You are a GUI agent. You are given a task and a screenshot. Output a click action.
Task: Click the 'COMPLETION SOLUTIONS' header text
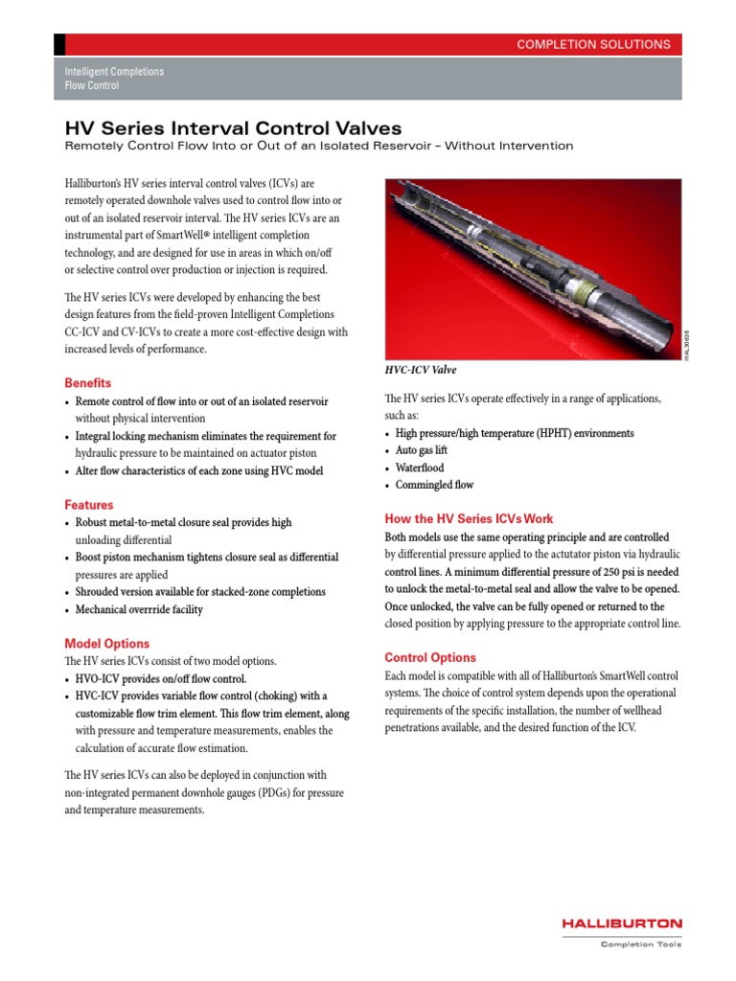(x=593, y=44)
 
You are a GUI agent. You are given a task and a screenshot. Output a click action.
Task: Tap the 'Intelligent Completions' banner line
(x=114, y=72)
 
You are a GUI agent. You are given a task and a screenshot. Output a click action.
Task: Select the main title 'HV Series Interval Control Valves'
(x=232, y=127)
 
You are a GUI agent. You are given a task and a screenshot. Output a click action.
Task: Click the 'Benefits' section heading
(x=87, y=382)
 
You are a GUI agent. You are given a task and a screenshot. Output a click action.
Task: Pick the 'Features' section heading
(x=88, y=504)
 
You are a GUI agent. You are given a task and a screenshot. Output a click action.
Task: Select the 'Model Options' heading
(x=106, y=643)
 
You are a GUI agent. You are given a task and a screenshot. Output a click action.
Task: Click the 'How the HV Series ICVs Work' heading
(x=468, y=518)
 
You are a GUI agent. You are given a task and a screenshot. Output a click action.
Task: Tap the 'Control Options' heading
(x=429, y=657)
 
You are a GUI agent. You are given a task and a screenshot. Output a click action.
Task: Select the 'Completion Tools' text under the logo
(x=640, y=945)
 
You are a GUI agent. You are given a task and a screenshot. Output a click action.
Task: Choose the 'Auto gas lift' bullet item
(x=422, y=450)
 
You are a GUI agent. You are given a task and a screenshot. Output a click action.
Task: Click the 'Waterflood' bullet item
(x=420, y=468)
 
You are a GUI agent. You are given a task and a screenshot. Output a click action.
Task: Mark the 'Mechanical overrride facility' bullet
(x=139, y=609)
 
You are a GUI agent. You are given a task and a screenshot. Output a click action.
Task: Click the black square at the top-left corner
(x=59, y=44)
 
